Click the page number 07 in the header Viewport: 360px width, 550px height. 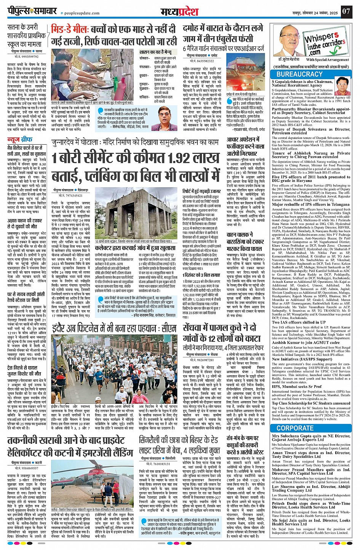[346, 11]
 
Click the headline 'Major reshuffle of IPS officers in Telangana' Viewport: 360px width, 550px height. [310, 204]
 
